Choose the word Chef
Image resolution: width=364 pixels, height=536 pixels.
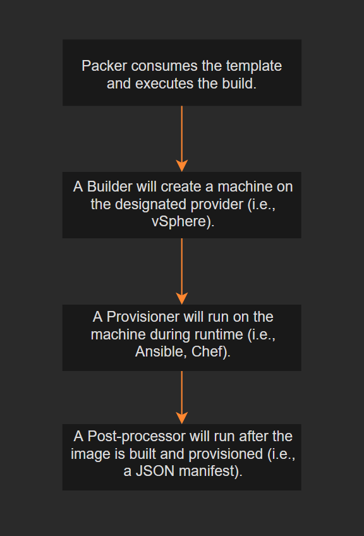tap(208, 352)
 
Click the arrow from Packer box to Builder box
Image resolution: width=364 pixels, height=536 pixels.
tap(182, 133)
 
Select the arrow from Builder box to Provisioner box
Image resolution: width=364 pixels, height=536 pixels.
tap(182, 265)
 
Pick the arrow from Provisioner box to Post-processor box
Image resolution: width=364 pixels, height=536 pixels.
tap(182, 392)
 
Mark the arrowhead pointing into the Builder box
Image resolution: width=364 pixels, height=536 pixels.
tap(182, 166)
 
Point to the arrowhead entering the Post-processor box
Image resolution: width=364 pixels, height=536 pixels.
tap(182, 418)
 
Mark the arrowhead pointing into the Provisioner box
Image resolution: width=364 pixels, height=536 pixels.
tap(182, 298)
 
